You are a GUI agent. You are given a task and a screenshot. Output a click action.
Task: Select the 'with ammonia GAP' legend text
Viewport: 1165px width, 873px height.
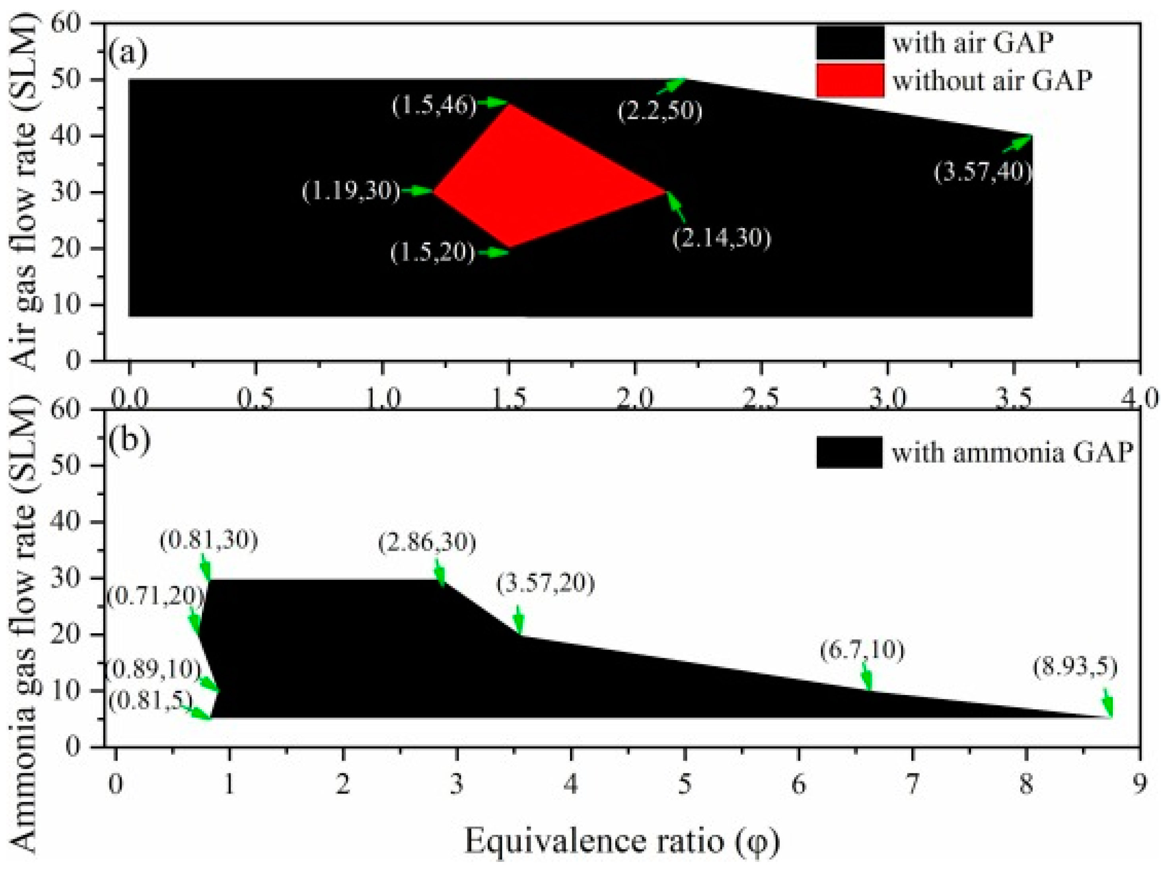tap(1012, 452)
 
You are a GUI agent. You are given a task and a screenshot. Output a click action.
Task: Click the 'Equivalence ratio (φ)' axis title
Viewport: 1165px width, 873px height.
tap(622, 841)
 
